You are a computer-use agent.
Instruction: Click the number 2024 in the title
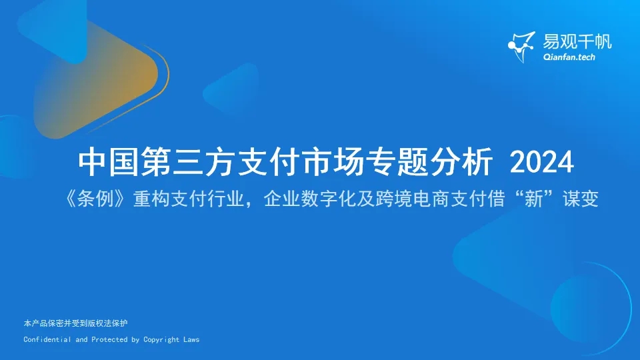pyautogui.click(x=541, y=162)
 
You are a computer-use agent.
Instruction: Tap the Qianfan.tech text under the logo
pyautogui.click(x=569, y=57)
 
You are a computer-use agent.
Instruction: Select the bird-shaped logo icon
pyautogui.click(x=521, y=47)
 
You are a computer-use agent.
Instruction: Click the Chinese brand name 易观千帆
pyautogui.click(x=577, y=41)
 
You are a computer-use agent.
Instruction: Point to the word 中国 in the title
pyautogui.click(x=109, y=162)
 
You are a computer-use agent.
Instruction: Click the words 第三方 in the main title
pyautogui.click(x=188, y=162)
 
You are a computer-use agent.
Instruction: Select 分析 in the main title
pyautogui.click(x=461, y=162)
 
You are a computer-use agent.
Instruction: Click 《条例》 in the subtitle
pyautogui.click(x=95, y=199)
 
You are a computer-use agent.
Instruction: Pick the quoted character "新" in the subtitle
pyautogui.click(x=533, y=199)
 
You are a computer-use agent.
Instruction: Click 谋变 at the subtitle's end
pyautogui.click(x=581, y=199)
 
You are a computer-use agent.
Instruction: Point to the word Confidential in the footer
pyautogui.click(x=47, y=339)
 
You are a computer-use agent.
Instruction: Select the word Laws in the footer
pyautogui.click(x=191, y=339)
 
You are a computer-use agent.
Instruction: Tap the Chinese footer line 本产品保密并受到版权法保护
pyautogui.click(x=75, y=323)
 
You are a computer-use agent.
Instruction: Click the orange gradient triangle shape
pyautogui.click(x=96, y=77)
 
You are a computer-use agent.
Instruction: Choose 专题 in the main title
pyautogui.click(x=397, y=162)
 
